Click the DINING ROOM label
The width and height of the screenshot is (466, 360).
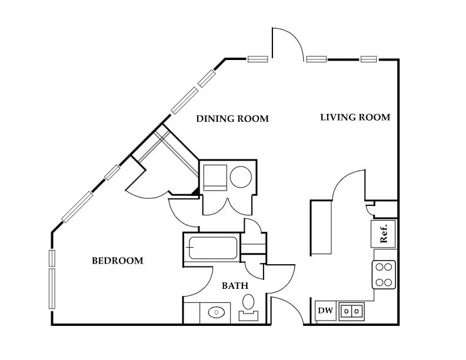[232, 119]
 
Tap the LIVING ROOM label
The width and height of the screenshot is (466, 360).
[355, 117]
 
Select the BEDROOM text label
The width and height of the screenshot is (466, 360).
[117, 261]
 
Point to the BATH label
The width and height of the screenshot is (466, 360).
[235, 286]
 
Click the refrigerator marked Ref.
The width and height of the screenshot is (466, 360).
[383, 234]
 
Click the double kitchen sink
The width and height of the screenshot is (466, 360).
[352, 310]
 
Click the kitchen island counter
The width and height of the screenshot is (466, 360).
[321, 227]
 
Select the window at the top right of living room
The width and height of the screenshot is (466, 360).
[369, 59]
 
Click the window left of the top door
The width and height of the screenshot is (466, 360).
[258, 59]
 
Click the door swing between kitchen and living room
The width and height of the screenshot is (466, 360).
[351, 184]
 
